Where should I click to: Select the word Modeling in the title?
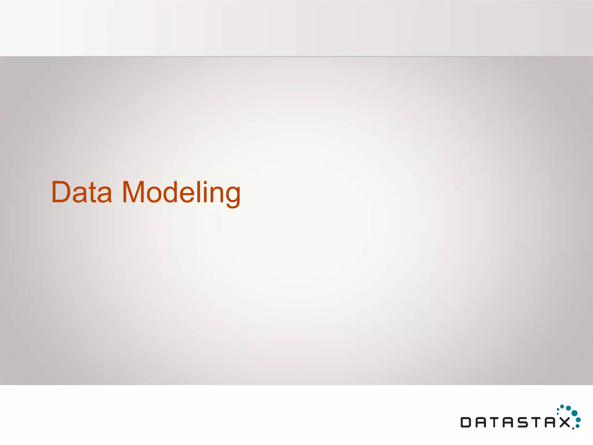(x=181, y=193)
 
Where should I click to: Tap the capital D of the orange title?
(x=61, y=192)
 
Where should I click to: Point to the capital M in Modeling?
(x=133, y=192)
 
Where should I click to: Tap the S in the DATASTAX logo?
(x=523, y=422)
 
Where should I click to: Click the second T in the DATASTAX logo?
(x=537, y=422)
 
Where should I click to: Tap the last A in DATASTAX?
(x=551, y=422)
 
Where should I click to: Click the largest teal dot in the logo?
(x=574, y=413)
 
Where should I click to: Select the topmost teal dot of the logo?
(x=562, y=406)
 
